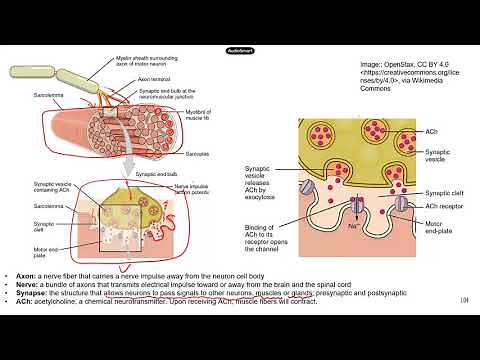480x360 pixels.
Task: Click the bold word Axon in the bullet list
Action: (23, 273)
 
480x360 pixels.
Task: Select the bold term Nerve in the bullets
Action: (25, 282)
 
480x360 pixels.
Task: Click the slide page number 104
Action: (464, 300)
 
